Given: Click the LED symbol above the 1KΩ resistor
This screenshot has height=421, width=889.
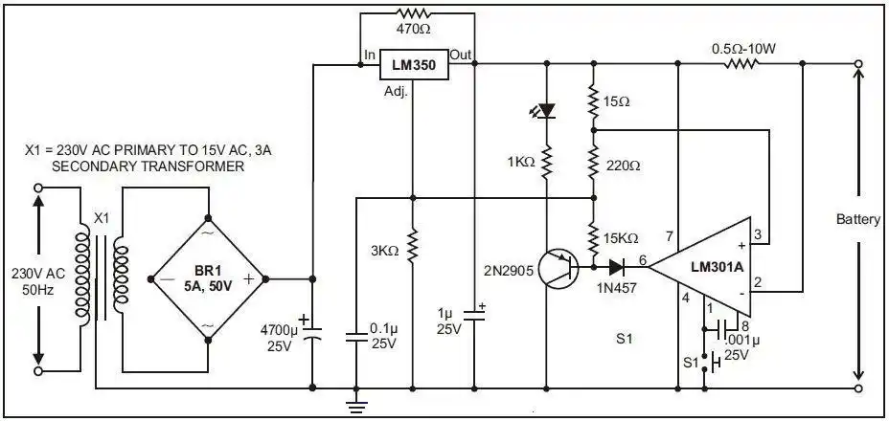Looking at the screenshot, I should (546, 110).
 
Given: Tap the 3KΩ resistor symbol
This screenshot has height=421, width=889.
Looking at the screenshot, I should (413, 246).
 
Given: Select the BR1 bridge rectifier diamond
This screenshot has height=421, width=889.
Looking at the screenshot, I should (208, 278).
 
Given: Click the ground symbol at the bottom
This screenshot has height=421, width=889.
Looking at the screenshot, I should (356, 406).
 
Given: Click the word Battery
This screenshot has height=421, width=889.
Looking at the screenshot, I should (857, 219).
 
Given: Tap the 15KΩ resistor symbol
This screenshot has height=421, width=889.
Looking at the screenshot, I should (593, 235).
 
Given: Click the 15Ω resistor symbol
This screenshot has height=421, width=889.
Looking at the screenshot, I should (593, 100).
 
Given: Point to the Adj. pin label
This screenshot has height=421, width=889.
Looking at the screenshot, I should (397, 92).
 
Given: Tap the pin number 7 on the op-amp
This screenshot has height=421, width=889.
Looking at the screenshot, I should (670, 235).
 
